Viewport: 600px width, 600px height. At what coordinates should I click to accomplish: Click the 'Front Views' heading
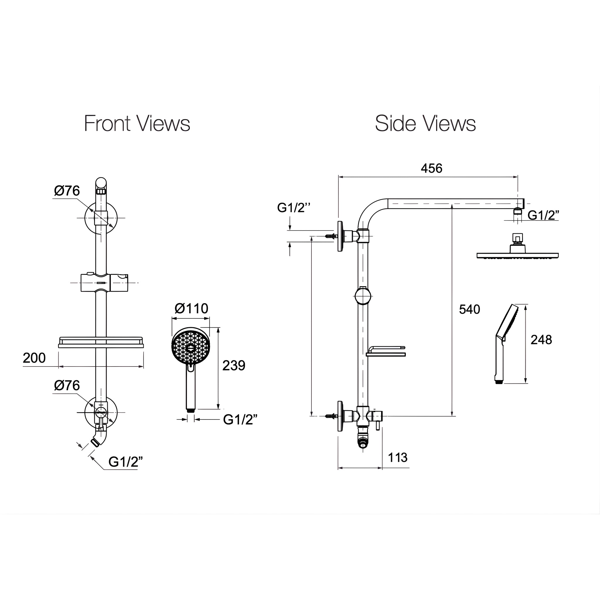(x=137, y=123)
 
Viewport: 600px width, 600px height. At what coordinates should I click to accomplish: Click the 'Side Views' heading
(x=425, y=123)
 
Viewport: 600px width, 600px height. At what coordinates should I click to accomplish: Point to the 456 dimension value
(x=431, y=168)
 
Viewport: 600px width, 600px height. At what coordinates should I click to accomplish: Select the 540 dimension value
(x=470, y=309)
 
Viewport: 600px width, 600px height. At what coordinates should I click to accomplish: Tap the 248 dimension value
(x=541, y=340)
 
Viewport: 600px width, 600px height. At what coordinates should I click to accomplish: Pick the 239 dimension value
(x=234, y=366)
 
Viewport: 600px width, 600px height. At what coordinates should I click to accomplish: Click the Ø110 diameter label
(x=191, y=309)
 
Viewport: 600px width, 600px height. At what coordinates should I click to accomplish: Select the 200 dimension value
(x=34, y=358)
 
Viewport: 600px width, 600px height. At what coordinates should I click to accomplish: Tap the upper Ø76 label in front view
(x=67, y=191)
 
